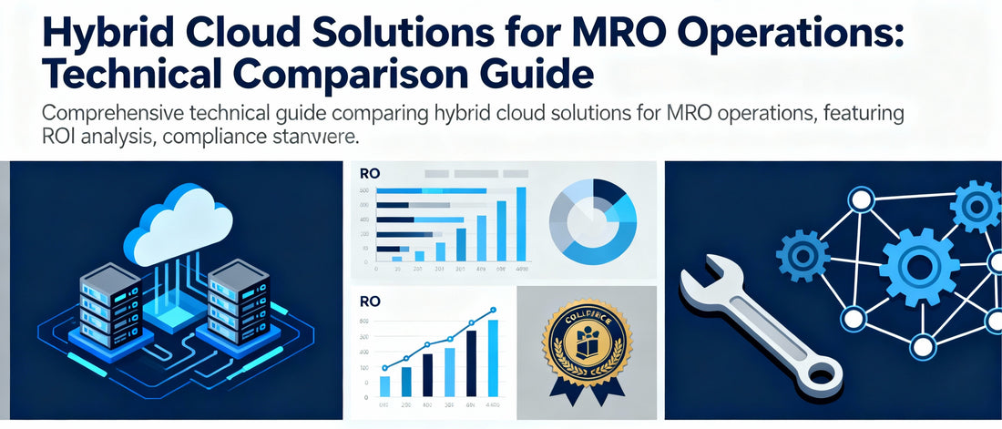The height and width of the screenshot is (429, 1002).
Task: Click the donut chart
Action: tap(592, 221)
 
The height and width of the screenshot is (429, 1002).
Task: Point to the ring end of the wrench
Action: tap(822, 372)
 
